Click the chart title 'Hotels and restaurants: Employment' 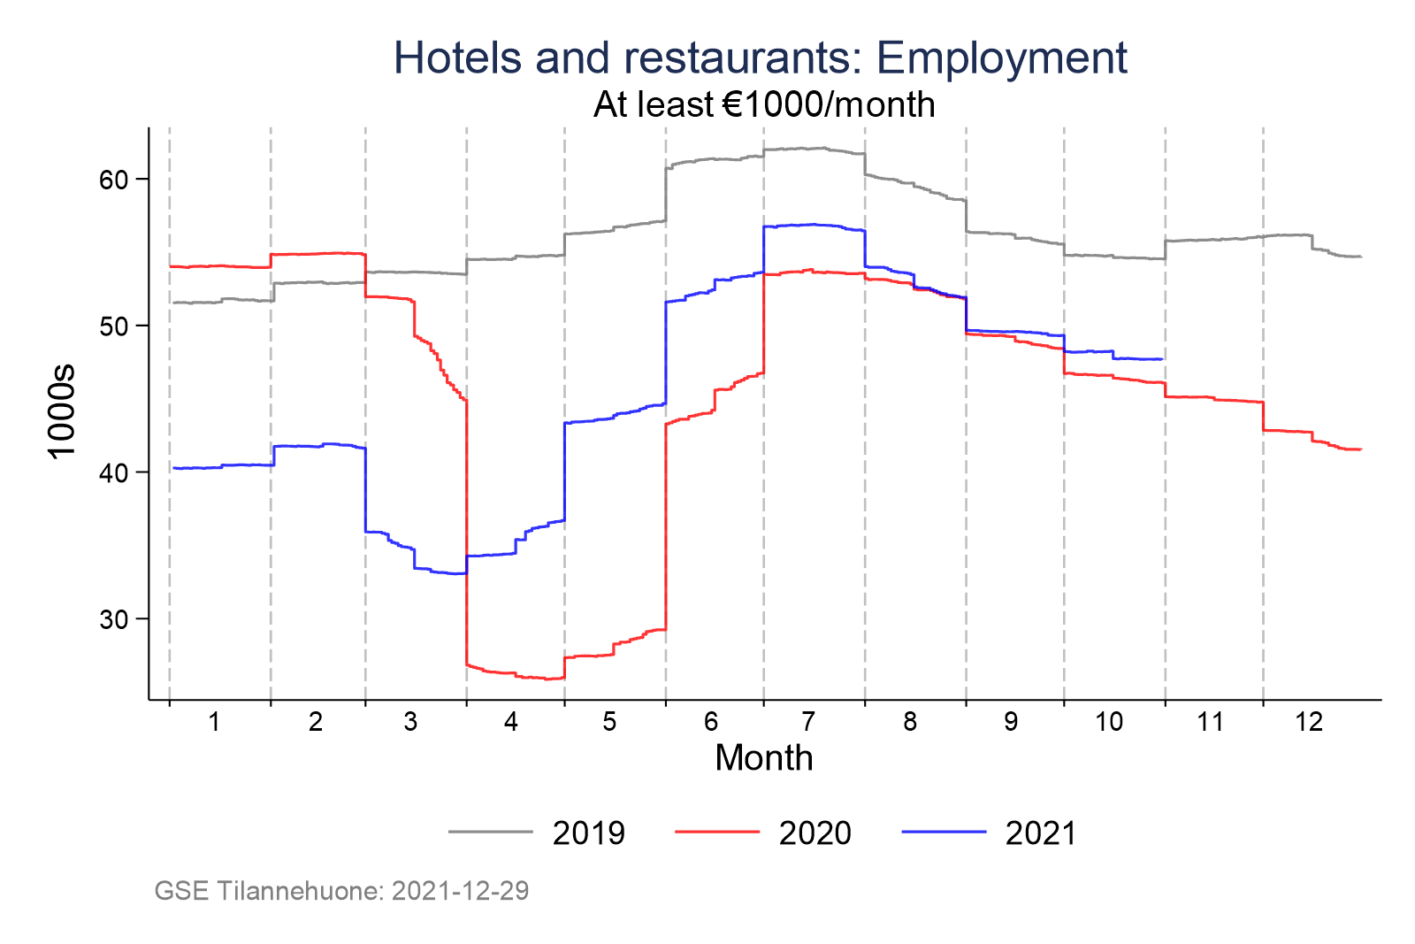coord(760,58)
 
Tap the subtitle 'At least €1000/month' coord(764,105)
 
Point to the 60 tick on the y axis coord(114,180)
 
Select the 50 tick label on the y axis coord(114,326)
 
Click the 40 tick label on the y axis coord(114,472)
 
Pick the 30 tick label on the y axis coord(114,619)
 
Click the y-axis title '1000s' coord(62,411)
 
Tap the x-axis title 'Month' coord(763,758)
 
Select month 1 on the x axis coord(214,722)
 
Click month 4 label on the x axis coord(510,722)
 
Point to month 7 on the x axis coord(808,722)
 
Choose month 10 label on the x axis coord(1108,722)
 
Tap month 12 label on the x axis coord(1309,722)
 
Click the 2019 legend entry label coord(588,833)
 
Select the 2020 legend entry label coord(815,833)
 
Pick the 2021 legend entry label coord(1041,833)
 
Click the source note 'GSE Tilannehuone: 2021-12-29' coord(341,891)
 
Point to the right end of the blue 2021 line coord(1161,359)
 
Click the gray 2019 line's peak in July coord(822,148)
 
